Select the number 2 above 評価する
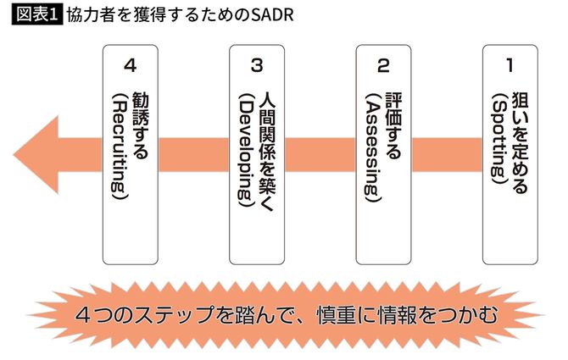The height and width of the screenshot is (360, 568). (x=383, y=64)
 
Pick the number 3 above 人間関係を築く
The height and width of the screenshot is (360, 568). (x=257, y=64)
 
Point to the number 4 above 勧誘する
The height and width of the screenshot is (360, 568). (x=129, y=64)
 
